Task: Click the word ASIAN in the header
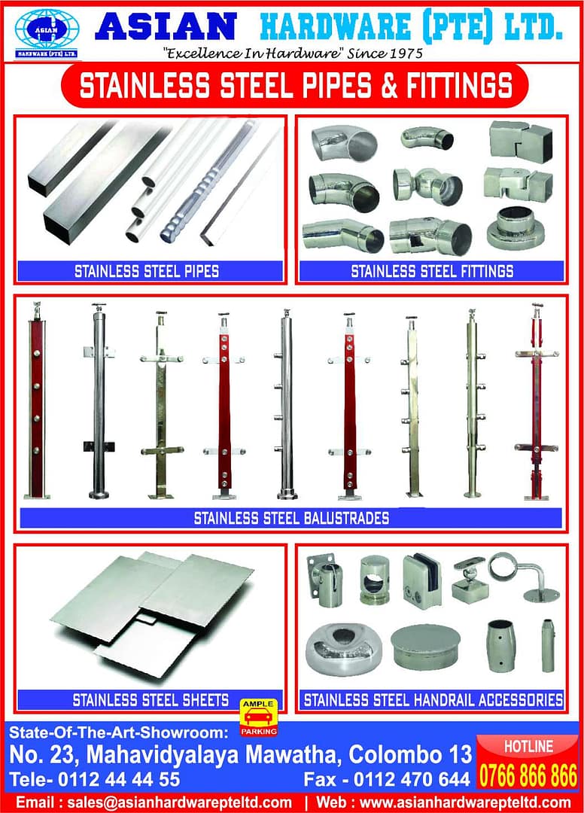tap(166, 27)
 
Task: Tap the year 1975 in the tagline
tap(403, 53)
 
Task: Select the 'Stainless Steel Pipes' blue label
tap(147, 271)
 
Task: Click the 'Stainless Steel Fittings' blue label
tap(432, 271)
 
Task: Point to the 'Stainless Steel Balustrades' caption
tap(291, 518)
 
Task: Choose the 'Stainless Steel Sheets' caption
tap(151, 700)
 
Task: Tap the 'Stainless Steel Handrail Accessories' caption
tap(433, 700)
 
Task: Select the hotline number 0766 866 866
tap(528, 775)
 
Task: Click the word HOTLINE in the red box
tap(528, 747)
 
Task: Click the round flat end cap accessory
tap(425, 647)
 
